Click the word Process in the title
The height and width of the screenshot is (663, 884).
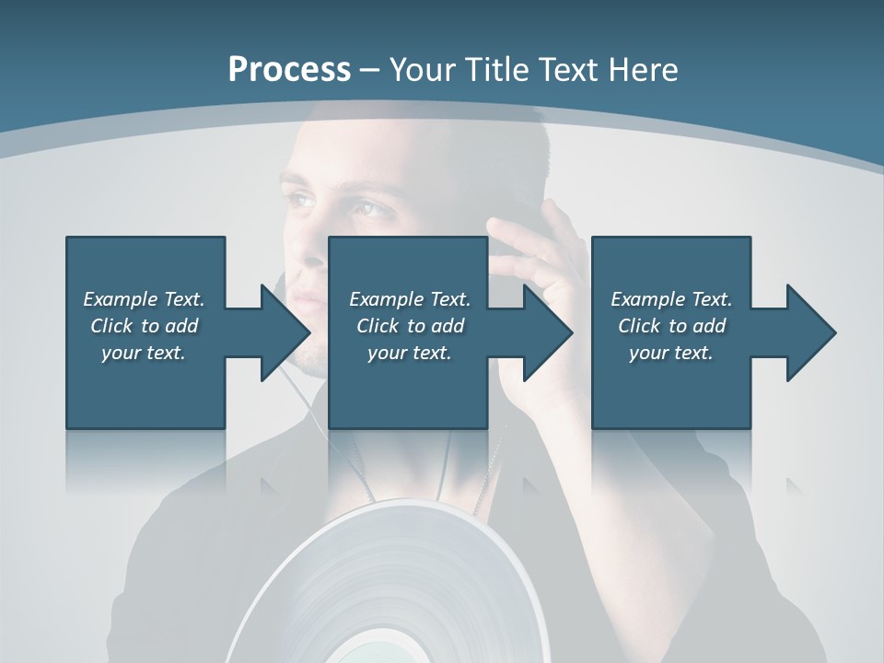pyautogui.click(x=289, y=69)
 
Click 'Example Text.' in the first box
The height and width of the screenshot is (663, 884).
pyautogui.click(x=144, y=298)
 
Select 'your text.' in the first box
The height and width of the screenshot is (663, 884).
pyautogui.click(x=144, y=352)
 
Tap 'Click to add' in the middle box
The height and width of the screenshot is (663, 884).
pyautogui.click(x=410, y=325)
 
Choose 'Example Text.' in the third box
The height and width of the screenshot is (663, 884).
pyautogui.click(x=671, y=298)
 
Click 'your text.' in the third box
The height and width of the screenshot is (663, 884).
pyautogui.click(x=671, y=352)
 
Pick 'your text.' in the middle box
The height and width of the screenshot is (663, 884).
pyautogui.click(x=410, y=352)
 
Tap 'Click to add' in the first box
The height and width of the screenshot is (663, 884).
pyautogui.click(x=144, y=325)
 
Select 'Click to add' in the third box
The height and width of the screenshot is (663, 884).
pyautogui.click(x=671, y=325)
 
